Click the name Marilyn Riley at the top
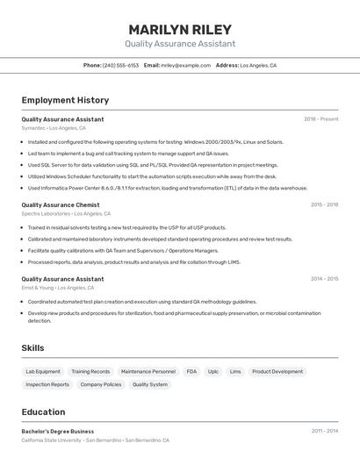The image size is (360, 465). point(180,30)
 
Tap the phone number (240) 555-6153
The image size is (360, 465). point(120,65)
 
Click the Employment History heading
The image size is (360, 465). point(65,100)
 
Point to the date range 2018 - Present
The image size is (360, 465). point(320,119)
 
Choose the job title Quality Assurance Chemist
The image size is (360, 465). point(61,204)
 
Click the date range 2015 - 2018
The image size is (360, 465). point(324,204)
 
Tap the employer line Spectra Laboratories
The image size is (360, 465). point(65,213)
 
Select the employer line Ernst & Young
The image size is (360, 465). point(55,288)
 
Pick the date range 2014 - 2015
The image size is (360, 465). point(324,279)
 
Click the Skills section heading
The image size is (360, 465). point(33,348)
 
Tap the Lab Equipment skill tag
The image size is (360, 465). point(43,371)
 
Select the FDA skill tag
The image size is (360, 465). point(191,371)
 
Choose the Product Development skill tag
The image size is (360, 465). point(277,371)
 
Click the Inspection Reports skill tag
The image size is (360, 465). point(47,384)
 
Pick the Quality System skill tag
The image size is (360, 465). point(150,384)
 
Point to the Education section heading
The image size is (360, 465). point(43,411)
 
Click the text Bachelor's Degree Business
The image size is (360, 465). point(58,432)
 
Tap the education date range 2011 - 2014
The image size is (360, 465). point(324,432)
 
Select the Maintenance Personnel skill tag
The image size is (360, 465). point(148,371)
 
